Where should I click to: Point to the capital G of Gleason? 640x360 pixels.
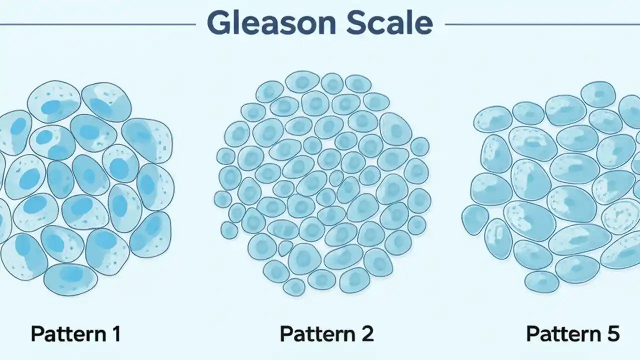click(218, 23)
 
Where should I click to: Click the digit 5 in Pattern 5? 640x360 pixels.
click(613, 333)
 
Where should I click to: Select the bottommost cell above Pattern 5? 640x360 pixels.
click(541, 282)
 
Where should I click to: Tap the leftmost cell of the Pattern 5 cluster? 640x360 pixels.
click(474, 219)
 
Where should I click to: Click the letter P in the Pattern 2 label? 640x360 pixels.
click(285, 333)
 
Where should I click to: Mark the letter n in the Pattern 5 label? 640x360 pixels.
click(595, 333)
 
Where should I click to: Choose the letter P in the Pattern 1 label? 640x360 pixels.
click(37, 333)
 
